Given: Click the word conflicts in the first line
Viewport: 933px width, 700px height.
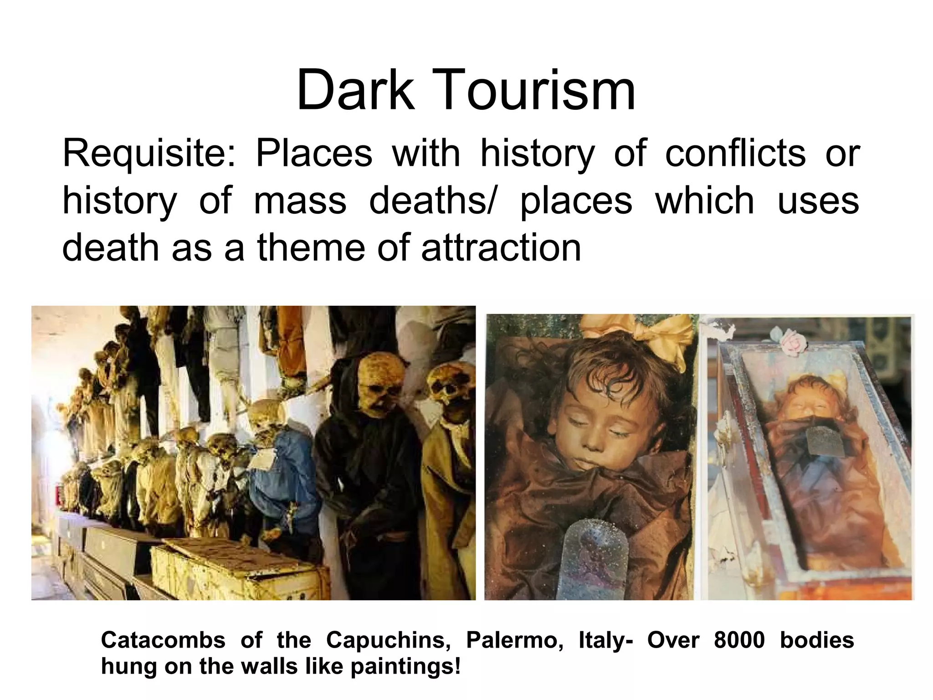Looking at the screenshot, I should click(735, 154).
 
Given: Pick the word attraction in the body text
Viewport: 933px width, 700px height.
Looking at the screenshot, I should click(501, 248).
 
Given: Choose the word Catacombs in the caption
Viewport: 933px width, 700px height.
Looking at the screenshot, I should click(163, 640).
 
